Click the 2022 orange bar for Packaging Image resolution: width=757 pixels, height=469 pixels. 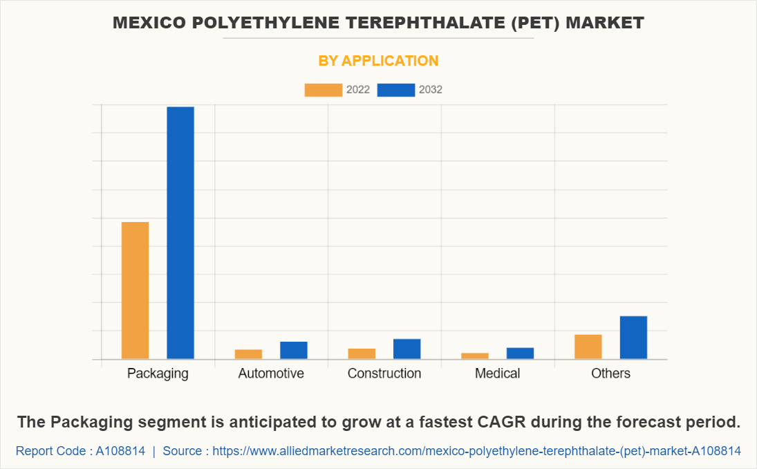click(135, 291)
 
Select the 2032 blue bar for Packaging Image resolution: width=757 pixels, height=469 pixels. click(180, 232)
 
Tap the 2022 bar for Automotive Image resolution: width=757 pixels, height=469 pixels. click(248, 354)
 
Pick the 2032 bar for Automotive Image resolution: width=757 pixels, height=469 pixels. click(294, 350)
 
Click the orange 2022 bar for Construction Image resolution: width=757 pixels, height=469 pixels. click(362, 353)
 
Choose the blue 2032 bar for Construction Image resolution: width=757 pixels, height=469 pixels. click(407, 349)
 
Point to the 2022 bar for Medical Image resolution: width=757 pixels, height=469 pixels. click(475, 356)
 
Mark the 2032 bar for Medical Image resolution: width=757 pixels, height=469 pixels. click(520, 353)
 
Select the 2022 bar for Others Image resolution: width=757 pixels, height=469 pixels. click(588, 347)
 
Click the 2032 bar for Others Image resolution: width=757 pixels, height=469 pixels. click(633, 338)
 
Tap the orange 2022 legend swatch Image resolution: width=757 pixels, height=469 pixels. click(323, 90)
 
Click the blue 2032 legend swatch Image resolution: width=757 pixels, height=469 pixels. click(396, 90)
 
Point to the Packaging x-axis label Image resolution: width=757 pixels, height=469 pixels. click(158, 374)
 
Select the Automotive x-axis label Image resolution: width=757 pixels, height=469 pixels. click(271, 374)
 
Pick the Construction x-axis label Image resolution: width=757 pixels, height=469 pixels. click(384, 374)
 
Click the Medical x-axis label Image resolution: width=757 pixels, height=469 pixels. click(498, 374)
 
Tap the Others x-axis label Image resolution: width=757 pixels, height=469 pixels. click(611, 374)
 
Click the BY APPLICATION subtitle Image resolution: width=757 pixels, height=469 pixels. click(378, 61)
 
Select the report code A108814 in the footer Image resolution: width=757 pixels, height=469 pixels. click(120, 451)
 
